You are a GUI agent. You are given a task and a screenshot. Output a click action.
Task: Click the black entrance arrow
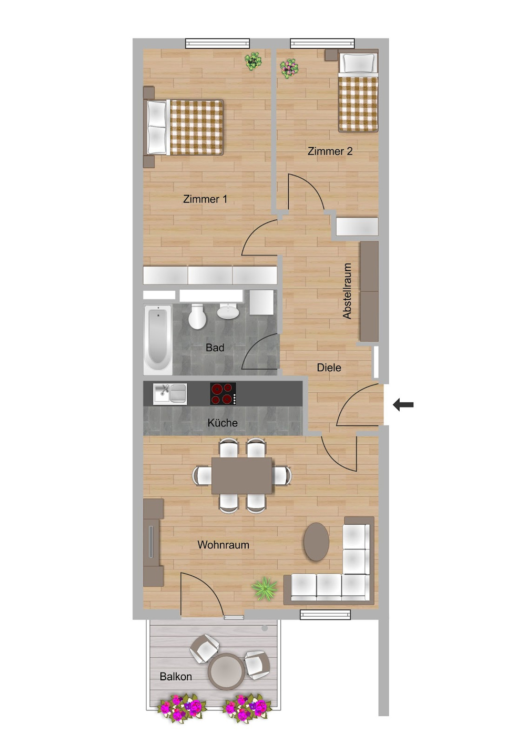[403, 404]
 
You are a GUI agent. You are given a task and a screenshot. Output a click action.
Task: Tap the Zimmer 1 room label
[205, 199]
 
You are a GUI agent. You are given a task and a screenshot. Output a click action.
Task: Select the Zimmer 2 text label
[330, 151]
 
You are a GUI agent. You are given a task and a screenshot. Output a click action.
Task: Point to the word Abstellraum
[347, 291]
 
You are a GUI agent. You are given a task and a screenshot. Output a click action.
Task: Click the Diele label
[329, 368]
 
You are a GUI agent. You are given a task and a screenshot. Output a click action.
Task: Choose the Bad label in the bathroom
[215, 348]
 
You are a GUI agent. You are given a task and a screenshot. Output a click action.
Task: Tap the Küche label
[222, 423]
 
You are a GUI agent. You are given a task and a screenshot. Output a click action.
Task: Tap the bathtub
[158, 339]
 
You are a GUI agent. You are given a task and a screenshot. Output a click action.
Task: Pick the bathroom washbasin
[228, 311]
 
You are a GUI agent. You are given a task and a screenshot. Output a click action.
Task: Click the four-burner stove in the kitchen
[223, 394]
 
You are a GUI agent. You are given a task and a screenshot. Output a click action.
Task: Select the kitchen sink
[170, 394]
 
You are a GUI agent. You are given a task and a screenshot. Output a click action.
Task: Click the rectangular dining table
[242, 476]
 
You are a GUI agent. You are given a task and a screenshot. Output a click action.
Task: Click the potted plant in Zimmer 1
[253, 61]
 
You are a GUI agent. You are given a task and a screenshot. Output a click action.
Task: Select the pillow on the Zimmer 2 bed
[358, 63]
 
